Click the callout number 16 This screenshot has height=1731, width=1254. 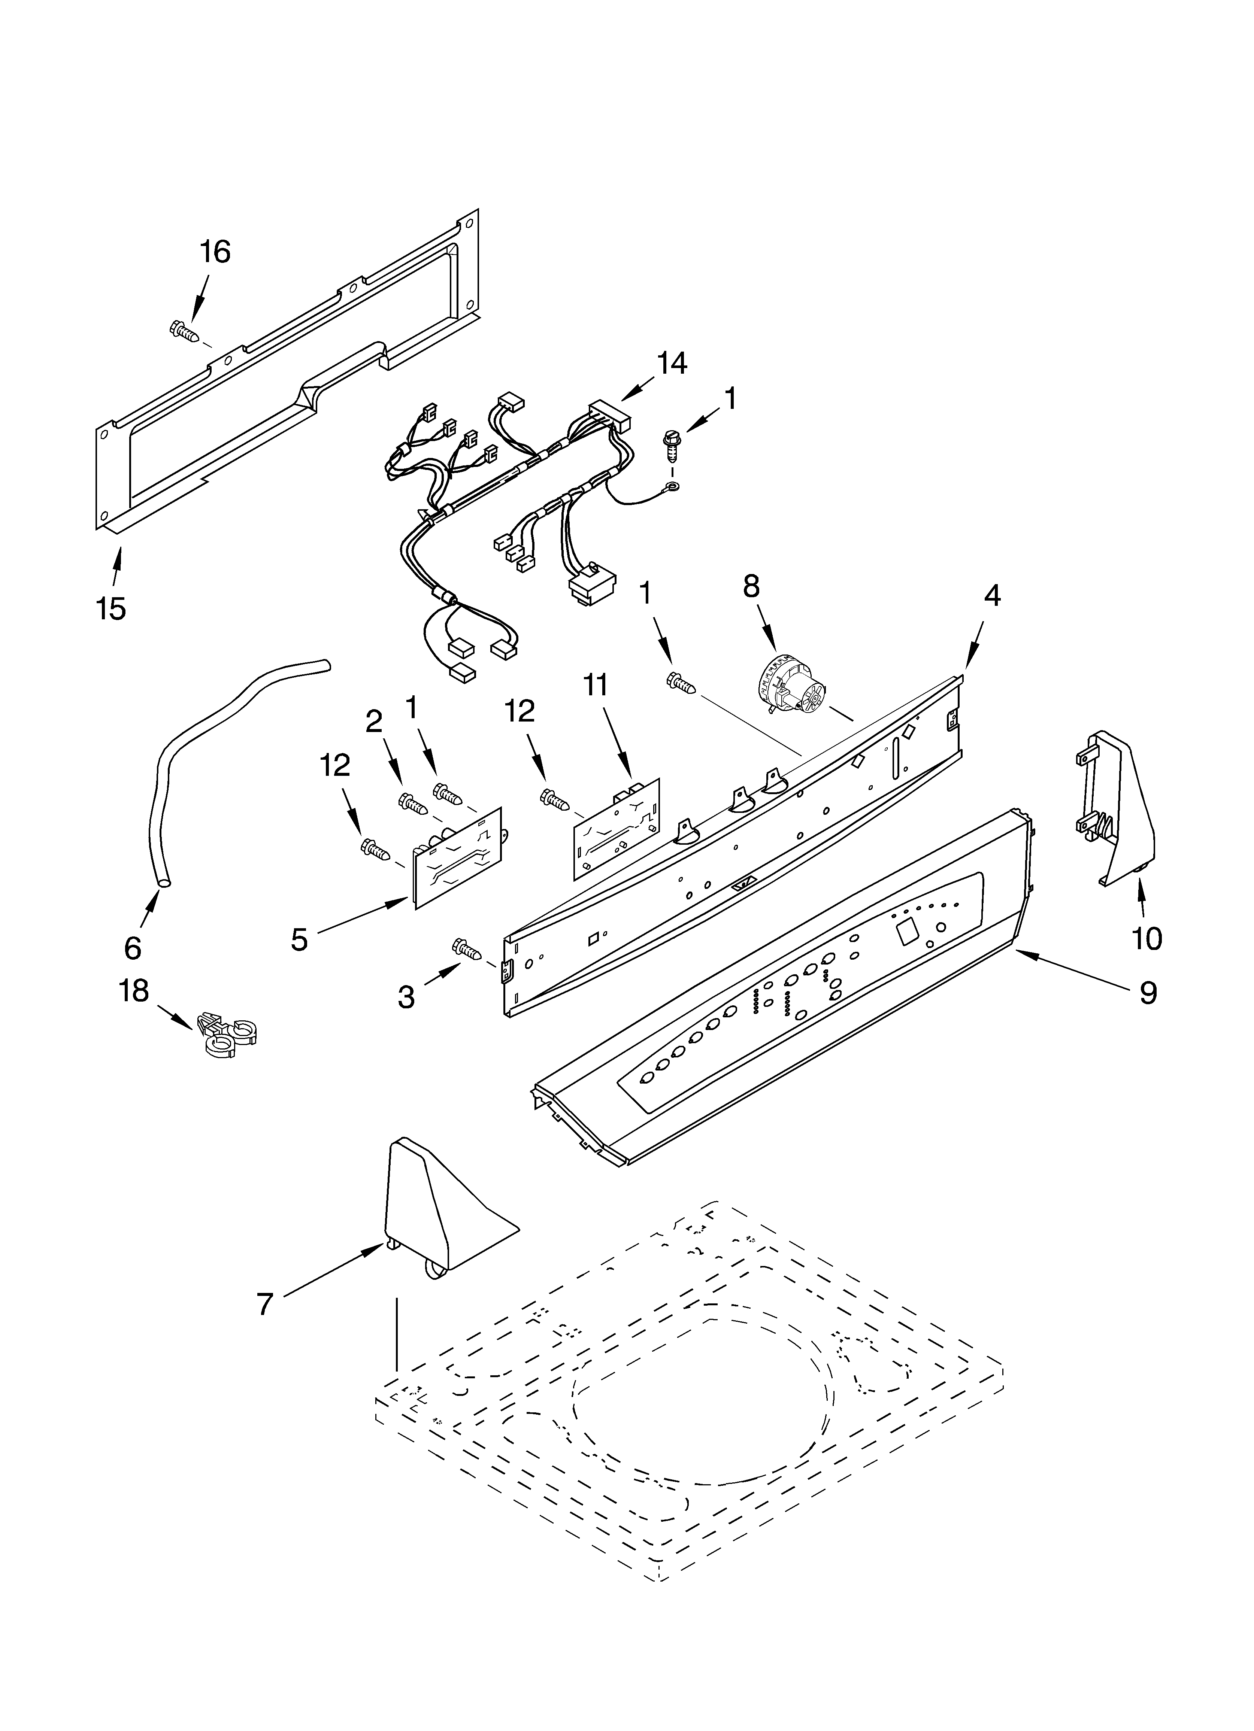point(215,252)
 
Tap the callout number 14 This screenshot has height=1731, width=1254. point(672,364)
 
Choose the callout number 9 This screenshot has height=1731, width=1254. point(1148,993)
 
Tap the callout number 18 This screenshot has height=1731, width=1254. point(134,992)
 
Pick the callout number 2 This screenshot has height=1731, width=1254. point(373,721)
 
